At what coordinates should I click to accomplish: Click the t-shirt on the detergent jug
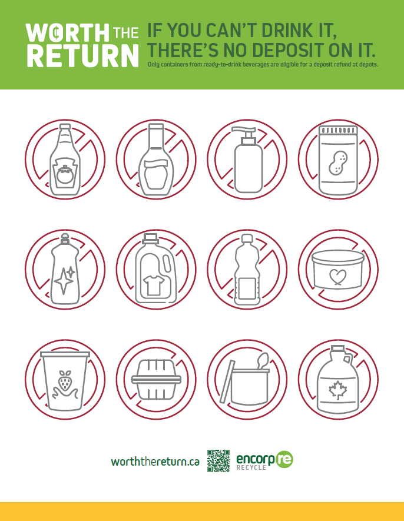(x=153, y=285)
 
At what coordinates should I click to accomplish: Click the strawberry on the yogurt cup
(x=65, y=380)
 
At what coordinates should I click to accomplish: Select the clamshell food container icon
(x=156, y=380)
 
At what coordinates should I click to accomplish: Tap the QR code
(x=218, y=461)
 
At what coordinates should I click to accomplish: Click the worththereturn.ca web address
(x=155, y=462)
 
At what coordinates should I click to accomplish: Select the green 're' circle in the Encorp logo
(x=284, y=460)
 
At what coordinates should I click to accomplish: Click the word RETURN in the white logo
(x=82, y=56)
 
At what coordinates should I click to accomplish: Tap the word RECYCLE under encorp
(x=251, y=467)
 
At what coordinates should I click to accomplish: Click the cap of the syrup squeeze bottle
(x=156, y=128)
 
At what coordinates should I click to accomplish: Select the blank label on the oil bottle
(x=247, y=288)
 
